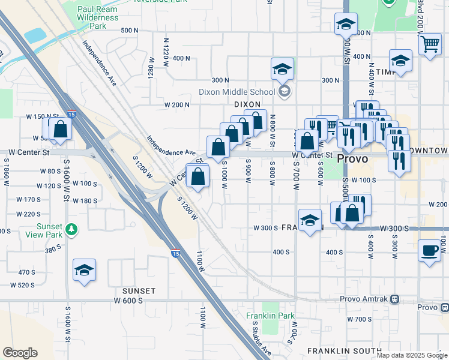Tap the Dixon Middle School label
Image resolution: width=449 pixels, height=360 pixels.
pos(237,92)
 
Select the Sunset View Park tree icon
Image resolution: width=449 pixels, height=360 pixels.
pos(71,229)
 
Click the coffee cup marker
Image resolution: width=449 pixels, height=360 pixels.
pos(429,251)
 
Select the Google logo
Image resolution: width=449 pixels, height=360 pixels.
pos(20,353)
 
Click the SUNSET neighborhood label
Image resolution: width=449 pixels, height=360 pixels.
pos(139,291)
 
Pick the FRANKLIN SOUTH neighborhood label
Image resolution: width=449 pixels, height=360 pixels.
pos(344,350)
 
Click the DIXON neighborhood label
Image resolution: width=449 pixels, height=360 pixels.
pos(247,104)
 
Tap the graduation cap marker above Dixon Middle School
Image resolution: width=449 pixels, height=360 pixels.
pos(281,69)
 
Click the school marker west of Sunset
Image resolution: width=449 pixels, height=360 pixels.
pos(84,271)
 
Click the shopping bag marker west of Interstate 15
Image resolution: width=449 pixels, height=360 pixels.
pos(60,129)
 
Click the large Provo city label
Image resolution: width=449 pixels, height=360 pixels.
pos(352,159)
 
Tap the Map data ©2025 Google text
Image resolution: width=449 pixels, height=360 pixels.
pos(412,355)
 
